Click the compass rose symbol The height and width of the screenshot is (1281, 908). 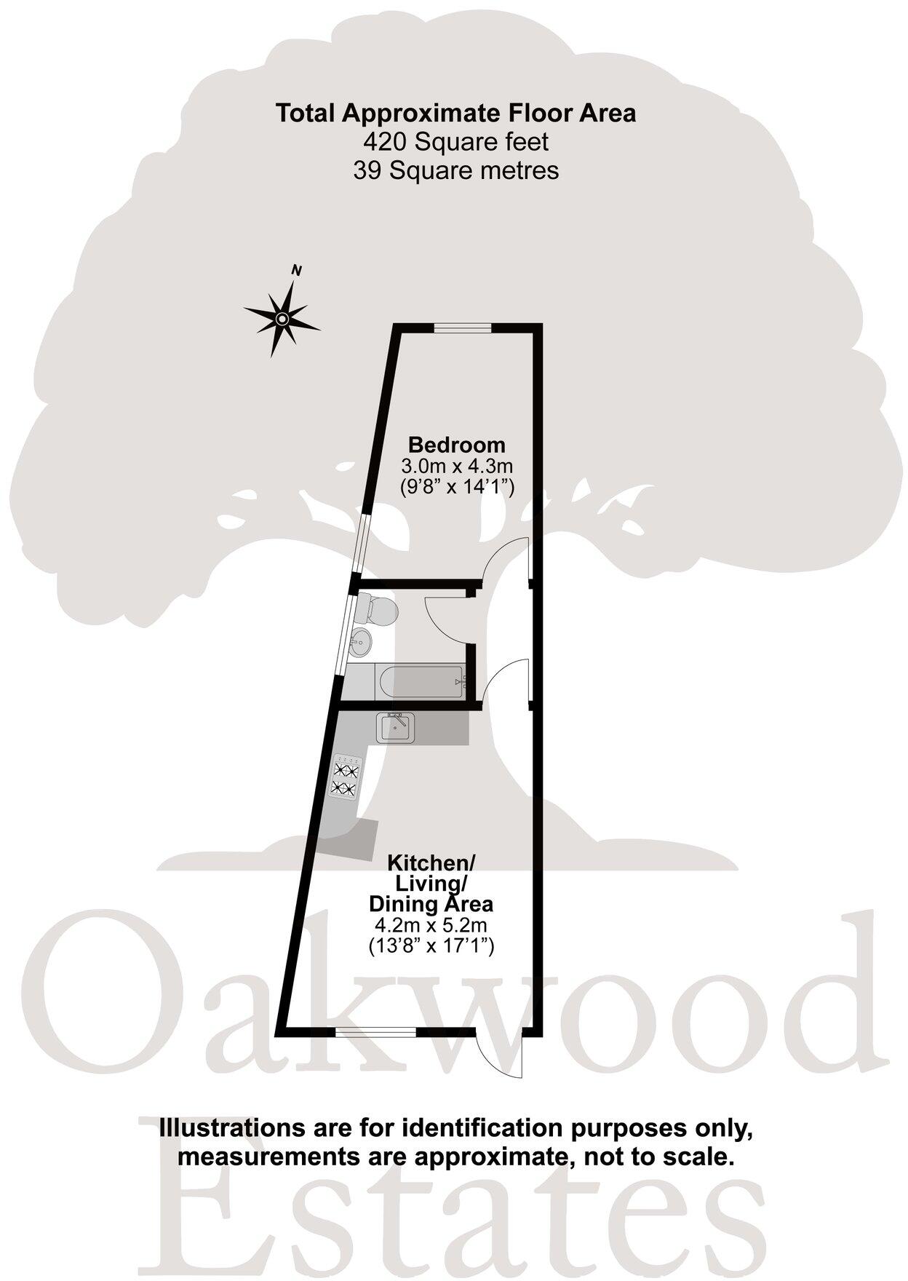282,319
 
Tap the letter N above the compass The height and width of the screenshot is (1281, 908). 296,271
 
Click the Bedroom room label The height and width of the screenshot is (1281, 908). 456,444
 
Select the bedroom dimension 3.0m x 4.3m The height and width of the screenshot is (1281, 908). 457,465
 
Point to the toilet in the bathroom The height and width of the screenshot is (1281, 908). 378,608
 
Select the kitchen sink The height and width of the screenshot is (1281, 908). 395,728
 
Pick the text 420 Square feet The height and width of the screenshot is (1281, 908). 455,141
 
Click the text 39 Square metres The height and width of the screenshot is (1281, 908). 455,170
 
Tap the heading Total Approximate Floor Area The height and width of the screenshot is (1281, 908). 455,113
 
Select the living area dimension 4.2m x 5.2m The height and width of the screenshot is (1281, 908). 431,925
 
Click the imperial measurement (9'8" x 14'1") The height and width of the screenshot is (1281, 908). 457,487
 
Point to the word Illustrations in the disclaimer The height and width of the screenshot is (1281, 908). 223,1128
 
